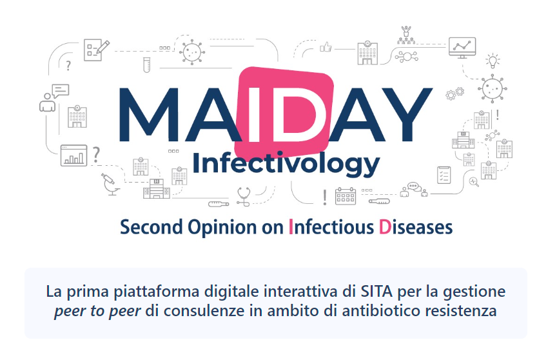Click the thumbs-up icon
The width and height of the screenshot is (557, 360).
click(326, 47)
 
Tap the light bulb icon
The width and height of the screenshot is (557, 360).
click(493, 61)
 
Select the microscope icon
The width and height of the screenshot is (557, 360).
click(110, 184)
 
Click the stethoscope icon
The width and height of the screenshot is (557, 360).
click(244, 197)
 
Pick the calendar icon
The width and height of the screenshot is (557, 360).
click(346, 196)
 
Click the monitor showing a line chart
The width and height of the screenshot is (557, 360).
click(462, 48)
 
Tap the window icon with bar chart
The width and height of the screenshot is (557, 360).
click(74, 155)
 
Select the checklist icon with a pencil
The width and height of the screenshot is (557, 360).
click(96, 50)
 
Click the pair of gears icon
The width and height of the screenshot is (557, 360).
click(455, 93)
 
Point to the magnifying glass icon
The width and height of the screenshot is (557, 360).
click(474, 182)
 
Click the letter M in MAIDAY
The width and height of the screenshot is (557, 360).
click(149, 114)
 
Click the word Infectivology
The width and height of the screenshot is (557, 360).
click(286, 163)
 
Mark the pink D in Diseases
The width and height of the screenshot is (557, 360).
click(385, 227)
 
